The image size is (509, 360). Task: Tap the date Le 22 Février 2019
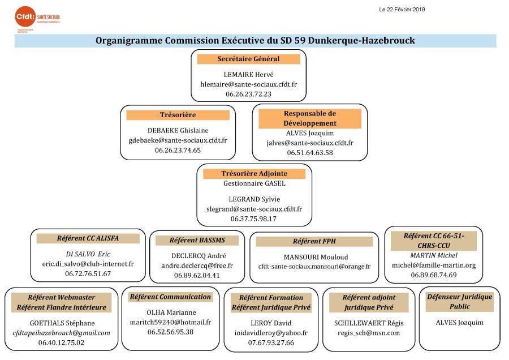tap(402, 9)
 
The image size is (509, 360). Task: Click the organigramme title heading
tap(255, 41)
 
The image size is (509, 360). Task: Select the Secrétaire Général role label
tap(249, 59)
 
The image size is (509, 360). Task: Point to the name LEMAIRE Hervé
tap(249, 74)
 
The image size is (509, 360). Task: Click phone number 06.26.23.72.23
tap(249, 94)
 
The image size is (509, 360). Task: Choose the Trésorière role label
tap(178, 115)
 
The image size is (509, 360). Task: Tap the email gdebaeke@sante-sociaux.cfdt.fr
tap(178, 140)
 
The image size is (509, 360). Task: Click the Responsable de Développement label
tap(310, 118)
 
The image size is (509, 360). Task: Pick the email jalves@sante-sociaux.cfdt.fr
tap(310, 143)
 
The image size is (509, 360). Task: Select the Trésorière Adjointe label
tap(254, 174)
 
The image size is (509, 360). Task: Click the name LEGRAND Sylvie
tap(254, 199)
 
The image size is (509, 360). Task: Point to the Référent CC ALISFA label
tap(88, 238)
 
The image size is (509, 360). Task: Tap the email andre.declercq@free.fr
tap(197, 265)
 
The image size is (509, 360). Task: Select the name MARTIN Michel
tap(433, 255)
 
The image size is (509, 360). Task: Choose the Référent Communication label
tap(170, 297)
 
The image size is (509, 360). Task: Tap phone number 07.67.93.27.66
tap(271, 342)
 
